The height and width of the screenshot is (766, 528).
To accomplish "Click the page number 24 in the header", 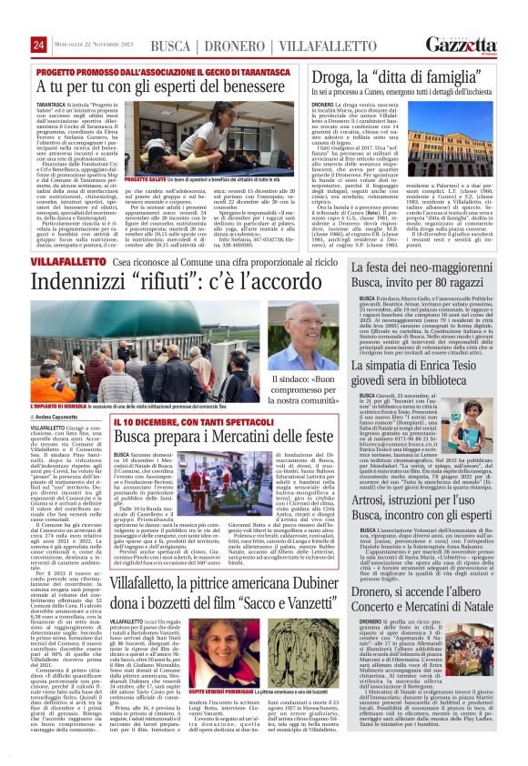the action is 39,45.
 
